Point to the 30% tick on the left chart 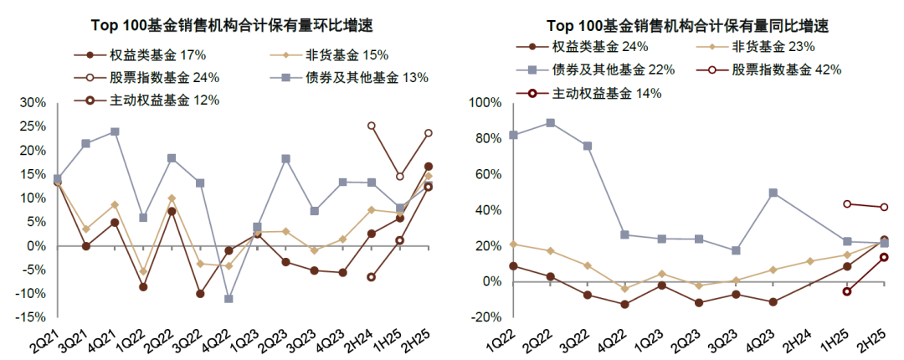(32, 103)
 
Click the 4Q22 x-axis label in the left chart (221, 337)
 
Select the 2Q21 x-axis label (45, 337)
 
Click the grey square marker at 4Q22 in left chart (229, 299)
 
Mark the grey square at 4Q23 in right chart (773, 193)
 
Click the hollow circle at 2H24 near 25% (372, 126)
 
